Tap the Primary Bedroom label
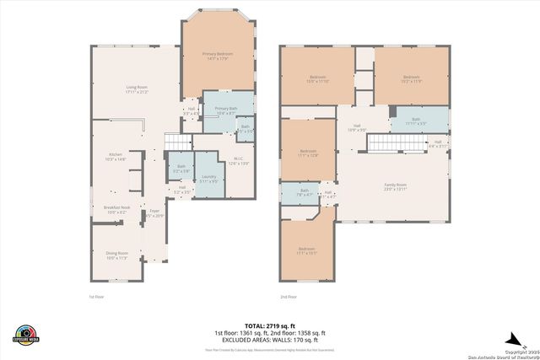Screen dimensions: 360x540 coord(217,56)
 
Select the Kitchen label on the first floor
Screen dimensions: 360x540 coord(115,156)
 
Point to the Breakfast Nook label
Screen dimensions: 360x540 coord(116,209)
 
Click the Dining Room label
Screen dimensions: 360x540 coord(116,255)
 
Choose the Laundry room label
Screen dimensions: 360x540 coord(208,179)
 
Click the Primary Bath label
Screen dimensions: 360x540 coord(226,110)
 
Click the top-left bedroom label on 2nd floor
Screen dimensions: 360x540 coord(316,79)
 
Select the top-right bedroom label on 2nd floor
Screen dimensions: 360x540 coord(411,79)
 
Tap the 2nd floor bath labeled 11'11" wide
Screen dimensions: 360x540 coord(416,121)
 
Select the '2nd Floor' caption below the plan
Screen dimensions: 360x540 coord(289,297)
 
